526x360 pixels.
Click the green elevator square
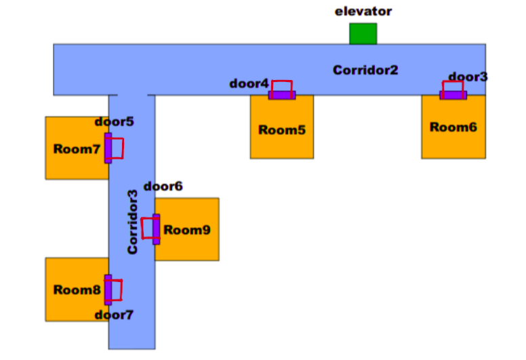363,34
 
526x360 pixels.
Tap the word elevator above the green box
363,12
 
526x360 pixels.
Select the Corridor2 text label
365,70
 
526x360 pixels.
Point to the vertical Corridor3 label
133,222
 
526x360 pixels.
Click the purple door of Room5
282,95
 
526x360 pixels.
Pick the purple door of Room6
453,95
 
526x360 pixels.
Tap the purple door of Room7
108,148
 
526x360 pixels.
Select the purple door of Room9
156,229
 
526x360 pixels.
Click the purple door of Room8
108,289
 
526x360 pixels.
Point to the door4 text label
249,84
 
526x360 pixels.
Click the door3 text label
468,77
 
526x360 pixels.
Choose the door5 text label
115,122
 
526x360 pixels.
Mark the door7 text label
114,315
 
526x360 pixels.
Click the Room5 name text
281,130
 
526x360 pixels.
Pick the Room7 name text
77,149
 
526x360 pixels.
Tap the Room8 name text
77,290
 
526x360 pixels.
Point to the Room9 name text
186,230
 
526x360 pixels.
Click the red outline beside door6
146,228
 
